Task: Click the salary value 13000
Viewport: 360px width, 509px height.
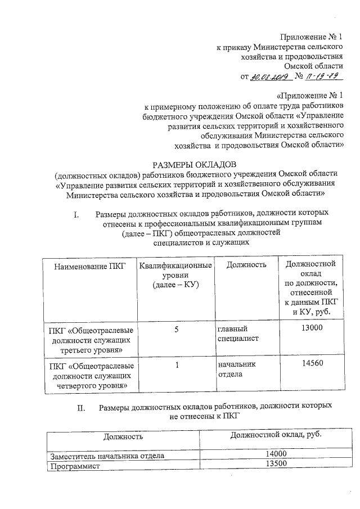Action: click(x=311, y=327)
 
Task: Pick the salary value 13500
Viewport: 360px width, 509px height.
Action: click(x=276, y=464)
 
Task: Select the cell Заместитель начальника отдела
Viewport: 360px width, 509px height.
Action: click(x=107, y=456)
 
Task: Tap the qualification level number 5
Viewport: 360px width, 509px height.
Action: click(x=176, y=327)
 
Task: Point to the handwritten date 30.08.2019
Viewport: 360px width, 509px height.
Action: click(x=269, y=77)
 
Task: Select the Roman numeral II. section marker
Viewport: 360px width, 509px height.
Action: click(x=82, y=406)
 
